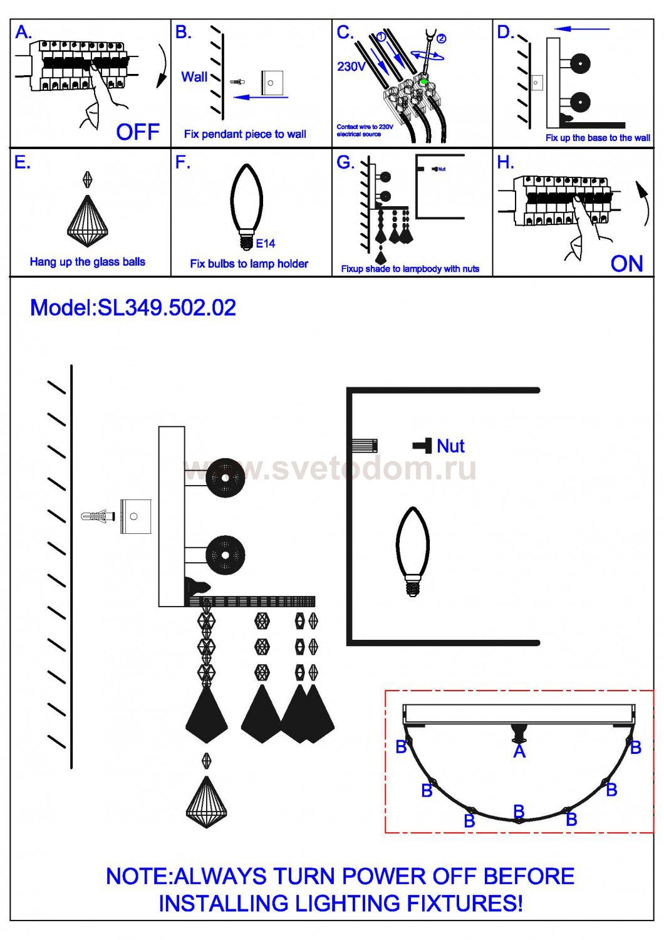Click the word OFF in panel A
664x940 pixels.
(137, 132)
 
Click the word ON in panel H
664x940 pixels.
(626, 264)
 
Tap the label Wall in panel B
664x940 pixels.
(194, 77)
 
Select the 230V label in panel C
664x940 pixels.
(351, 67)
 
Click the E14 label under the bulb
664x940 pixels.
(266, 243)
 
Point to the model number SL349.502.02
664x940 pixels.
(167, 308)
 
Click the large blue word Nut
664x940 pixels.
(450, 446)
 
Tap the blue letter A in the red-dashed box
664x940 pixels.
(519, 751)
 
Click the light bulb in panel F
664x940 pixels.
(247, 204)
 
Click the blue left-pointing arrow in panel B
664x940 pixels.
(261, 97)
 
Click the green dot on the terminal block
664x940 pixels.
(424, 81)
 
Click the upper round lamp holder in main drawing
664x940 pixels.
(225, 478)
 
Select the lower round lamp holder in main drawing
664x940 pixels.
(225, 555)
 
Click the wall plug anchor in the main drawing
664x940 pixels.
(97, 517)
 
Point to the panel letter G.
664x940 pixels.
(345, 163)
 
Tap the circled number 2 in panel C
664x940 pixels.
(441, 38)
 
